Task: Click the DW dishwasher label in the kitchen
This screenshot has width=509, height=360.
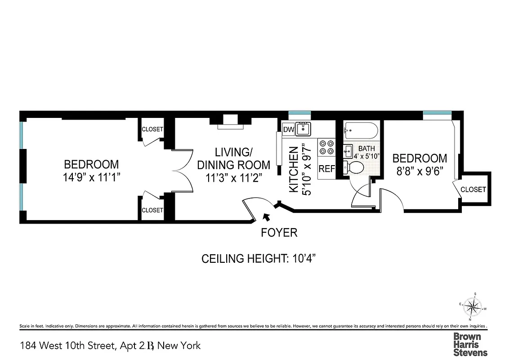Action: click(x=289, y=130)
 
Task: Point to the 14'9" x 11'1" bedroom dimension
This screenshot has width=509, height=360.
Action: click(x=91, y=177)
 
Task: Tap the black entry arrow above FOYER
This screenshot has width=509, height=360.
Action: click(x=266, y=217)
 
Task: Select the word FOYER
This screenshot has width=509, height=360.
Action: click(x=279, y=233)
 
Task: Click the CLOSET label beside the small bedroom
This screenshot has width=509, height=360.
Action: click(x=473, y=189)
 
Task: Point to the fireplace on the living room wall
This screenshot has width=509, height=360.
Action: click(x=231, y=122)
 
